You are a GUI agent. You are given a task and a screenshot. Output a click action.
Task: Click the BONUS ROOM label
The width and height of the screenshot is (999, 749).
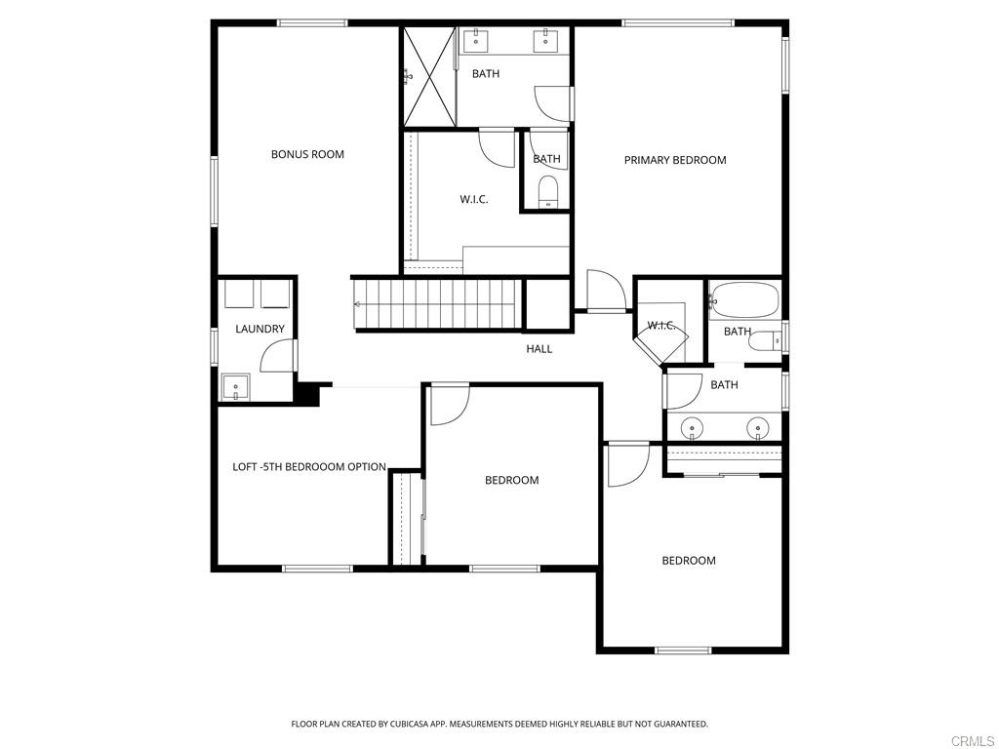click(x=307, y=154)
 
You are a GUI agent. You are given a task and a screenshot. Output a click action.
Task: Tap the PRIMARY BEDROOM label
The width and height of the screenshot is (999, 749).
click(x=675, y=160)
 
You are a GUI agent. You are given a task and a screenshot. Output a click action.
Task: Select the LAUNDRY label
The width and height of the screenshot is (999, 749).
click(x=260, y=329)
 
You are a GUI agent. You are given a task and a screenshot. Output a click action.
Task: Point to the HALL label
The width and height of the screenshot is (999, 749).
click(x=539, y=348)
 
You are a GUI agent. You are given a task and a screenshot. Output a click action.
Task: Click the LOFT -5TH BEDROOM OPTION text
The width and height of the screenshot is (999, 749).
click(x=309, y=467)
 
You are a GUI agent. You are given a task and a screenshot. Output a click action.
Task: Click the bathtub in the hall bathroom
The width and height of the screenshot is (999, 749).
click(x=744, y=300)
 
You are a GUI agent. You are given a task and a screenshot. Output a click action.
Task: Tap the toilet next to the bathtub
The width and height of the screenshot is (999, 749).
click(x=764, y=342)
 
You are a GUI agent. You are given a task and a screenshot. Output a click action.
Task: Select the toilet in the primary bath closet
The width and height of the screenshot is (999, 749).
click(x=547, y=192)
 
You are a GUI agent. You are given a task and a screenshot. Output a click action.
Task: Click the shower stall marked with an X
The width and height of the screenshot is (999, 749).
click(x=430, y=76)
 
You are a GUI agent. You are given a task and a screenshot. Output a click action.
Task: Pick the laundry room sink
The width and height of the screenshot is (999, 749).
click(x=235, y=387)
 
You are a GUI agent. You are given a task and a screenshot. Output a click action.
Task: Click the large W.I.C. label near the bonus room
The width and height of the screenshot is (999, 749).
click(x=474, y=199)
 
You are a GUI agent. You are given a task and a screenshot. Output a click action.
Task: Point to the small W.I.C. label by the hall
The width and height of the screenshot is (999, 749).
click(x=661, y=326)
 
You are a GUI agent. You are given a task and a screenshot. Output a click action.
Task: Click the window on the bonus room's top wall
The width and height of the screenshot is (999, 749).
click(x=312, y=23)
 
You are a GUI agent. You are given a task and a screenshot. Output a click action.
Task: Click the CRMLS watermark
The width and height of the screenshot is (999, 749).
click(x=975, y=741)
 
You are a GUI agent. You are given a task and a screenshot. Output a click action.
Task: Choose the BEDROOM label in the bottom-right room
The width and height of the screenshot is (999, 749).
click(x=689, y=561)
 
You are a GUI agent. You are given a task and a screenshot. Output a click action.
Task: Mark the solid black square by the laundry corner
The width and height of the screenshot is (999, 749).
click(x=308, y=392)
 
